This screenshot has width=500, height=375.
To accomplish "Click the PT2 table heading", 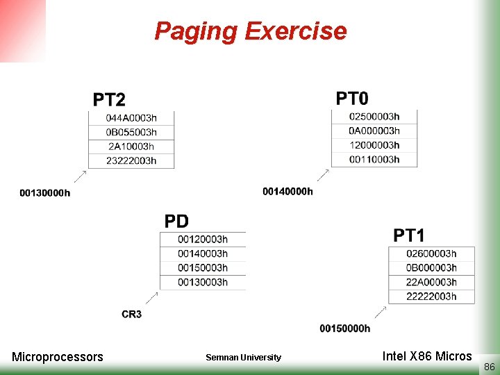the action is tap(110, 100).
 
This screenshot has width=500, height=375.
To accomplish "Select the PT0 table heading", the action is tap(353, 98).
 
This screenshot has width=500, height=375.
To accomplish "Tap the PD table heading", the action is tap(176, 222).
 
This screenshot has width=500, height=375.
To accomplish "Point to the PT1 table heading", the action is tap(409, 235).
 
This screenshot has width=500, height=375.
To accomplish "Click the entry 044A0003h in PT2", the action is tap(131, 117).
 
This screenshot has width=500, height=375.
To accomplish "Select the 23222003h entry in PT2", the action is tap(131, 160).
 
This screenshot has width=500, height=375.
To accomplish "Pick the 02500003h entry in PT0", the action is tap(374, 117).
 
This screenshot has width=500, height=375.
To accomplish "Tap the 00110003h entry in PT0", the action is tap(374, 159).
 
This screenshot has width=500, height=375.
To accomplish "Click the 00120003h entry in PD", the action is tap(202, 240).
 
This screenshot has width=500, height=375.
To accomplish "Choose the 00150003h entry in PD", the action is tap(202, 267).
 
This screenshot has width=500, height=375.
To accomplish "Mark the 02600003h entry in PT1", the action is tap(431, 253).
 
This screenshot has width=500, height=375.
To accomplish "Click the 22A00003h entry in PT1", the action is tap(431, 282).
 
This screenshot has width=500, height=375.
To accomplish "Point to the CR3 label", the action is tap(131, 315).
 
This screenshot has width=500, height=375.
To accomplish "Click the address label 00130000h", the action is tap(45, 192).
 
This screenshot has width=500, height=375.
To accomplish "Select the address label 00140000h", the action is tap(287, 191).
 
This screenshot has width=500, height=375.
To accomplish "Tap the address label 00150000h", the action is tap(345, 328).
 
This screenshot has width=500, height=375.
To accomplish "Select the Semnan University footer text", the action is tap(243, 358).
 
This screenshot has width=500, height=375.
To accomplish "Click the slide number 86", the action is tap(489, 365).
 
